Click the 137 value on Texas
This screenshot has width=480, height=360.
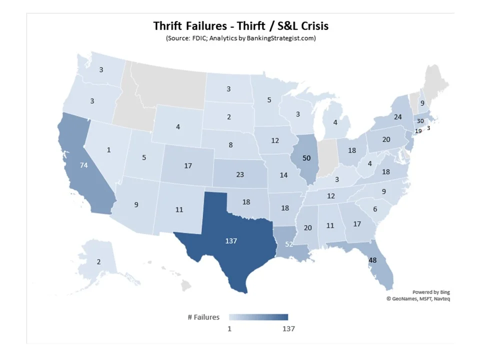(230, 240)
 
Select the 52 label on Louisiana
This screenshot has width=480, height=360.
(289, 244)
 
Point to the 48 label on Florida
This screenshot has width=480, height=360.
(372, 260)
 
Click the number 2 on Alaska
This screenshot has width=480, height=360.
(98, 262)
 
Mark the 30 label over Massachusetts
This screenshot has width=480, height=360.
(420, 121)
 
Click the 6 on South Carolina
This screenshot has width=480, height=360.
(375, 210)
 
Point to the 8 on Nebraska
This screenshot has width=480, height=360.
(230, 145)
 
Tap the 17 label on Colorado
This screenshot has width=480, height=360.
(188, 165)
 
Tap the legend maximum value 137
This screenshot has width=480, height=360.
(288, 328)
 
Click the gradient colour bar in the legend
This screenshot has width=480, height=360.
(258, 317)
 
